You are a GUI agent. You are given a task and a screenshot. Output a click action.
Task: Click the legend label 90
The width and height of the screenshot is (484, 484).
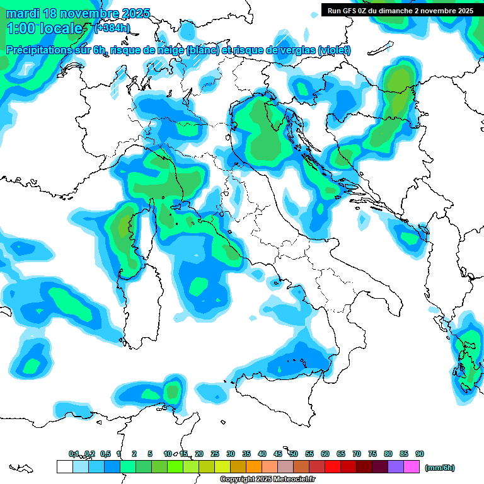pyautogui.click(x=420, y=454)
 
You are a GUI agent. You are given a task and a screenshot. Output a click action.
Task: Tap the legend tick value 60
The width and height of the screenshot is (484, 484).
pyautogui.click(x=325, y=454)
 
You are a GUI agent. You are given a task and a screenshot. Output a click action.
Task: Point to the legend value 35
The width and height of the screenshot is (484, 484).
pyautogui.click(x=246, y=454)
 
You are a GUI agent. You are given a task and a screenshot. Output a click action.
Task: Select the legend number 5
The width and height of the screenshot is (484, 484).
pyautogui.click(x=150, y=454)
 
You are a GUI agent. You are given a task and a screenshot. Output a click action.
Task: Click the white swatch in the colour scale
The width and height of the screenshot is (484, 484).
pyautogui.click(x=64, y=467)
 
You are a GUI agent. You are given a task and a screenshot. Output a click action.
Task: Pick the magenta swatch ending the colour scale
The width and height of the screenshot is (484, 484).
pyautogui.click(x=412, y=467)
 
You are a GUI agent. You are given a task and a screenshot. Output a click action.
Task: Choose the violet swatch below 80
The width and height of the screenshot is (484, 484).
pyautogui.click(x=396, y=467)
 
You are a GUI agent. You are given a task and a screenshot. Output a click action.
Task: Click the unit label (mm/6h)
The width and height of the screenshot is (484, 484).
pyautogui.click(x=440, y=468)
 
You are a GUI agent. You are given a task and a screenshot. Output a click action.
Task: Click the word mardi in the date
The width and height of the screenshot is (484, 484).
pyautogui.click(x=22, y=13)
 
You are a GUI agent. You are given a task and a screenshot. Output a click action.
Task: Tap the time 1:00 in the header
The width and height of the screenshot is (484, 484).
pyautogui.click(x=22, y=28)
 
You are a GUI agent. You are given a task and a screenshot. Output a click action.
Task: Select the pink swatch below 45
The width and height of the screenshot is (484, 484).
pyautogui.click(x=285, y=467)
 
